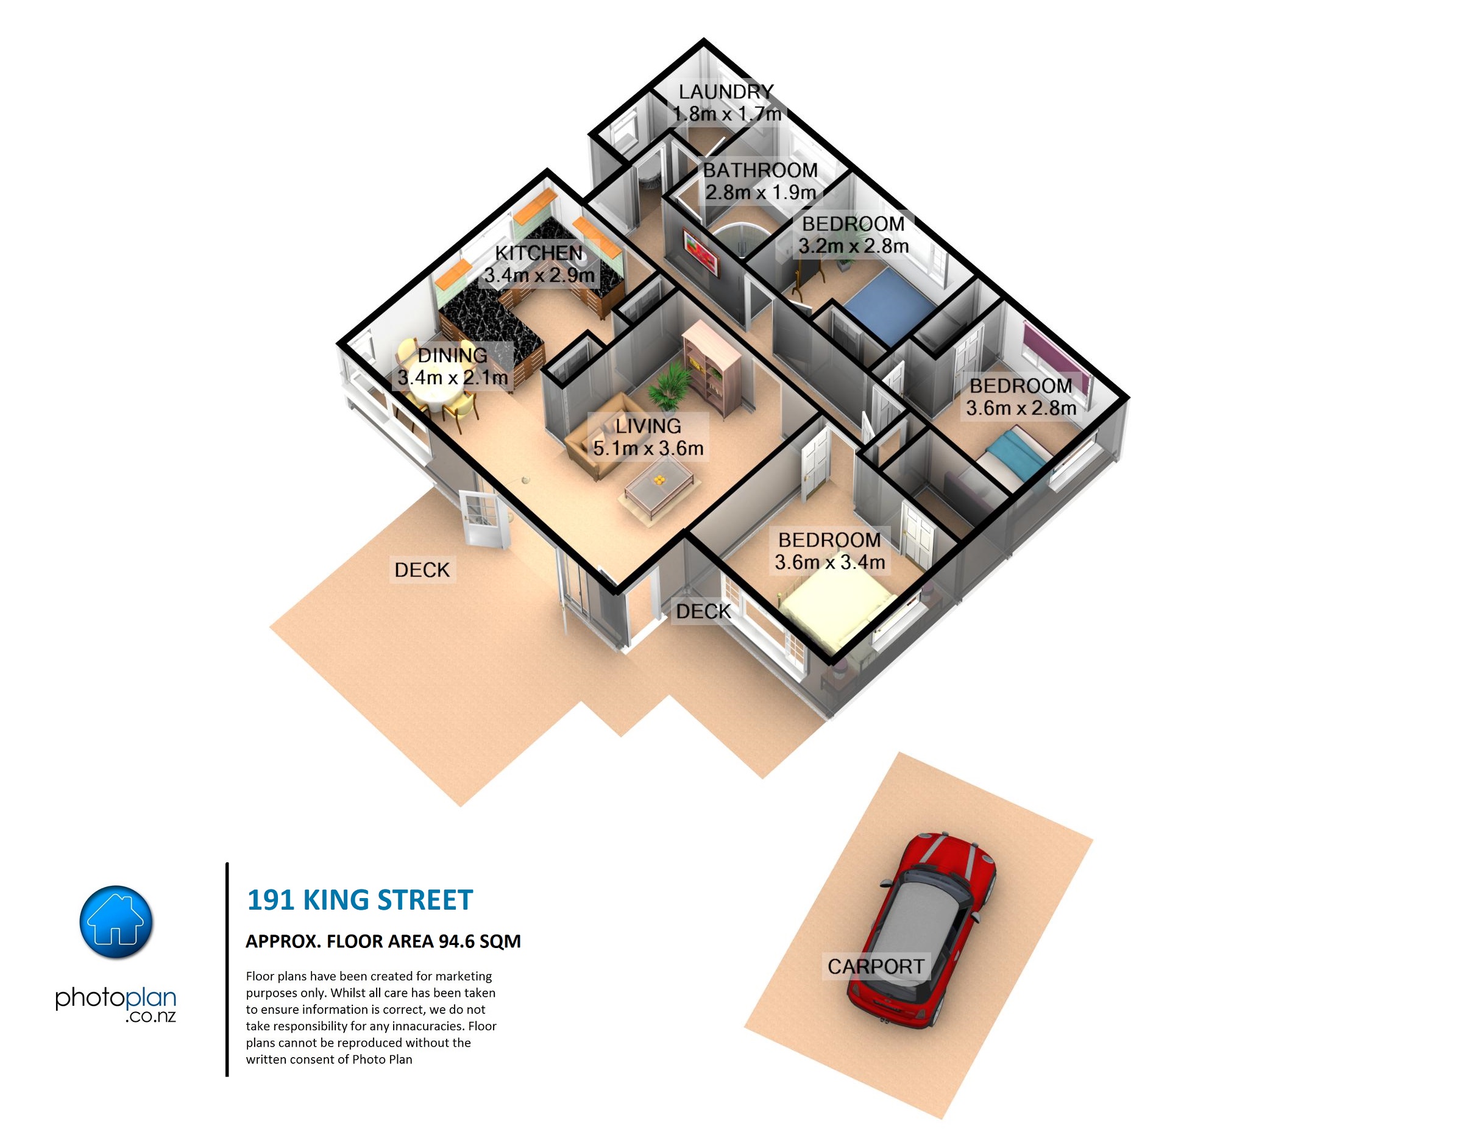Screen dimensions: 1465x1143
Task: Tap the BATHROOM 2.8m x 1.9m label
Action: (x=760, y=181)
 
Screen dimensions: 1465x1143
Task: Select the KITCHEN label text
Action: (x=539, y=253)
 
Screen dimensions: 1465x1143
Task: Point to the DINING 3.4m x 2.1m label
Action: (x=452, y=366)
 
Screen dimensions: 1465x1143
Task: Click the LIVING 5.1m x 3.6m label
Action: (x=648, y=437)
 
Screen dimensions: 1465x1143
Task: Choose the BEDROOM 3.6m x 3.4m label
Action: (x=830, y=551)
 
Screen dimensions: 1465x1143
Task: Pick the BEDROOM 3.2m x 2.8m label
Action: (x=853, y=235)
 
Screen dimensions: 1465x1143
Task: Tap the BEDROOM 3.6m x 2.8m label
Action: (x=1021, y=397)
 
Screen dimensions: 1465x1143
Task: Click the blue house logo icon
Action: (x=116, y=922)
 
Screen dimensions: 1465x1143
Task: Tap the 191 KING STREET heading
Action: (x=360, y=900)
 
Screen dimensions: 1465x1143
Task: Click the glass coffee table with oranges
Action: (x=659, y=486)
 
